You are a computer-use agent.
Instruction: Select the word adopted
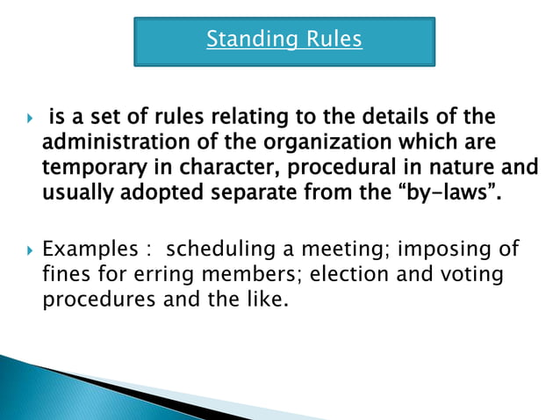153,188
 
